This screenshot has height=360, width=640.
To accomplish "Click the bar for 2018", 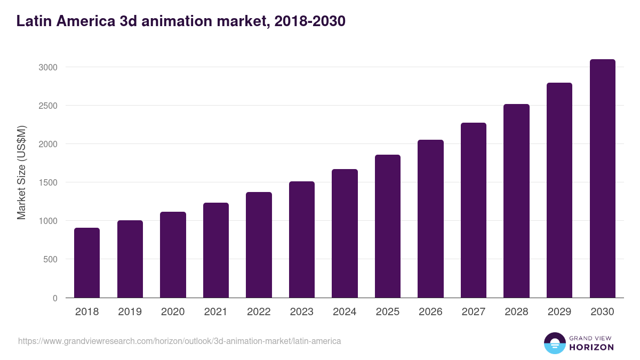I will (87, 263).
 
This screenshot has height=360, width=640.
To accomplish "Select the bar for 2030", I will (602, 179).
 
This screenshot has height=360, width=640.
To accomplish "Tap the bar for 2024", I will (345, 234).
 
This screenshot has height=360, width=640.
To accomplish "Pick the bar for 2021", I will (216, 250).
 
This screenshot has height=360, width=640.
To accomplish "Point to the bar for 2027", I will (474, 210).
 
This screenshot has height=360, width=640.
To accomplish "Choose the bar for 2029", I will (559, 190).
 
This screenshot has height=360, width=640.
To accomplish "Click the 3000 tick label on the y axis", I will (47, 67).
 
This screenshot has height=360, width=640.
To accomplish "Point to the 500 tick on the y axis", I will (51, 260).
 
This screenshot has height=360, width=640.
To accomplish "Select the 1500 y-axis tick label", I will (47, 182).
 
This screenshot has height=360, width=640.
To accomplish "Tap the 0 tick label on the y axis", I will (55, 298).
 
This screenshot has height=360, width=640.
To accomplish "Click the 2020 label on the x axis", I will (173, 312).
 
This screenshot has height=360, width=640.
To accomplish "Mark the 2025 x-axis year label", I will (388, 312).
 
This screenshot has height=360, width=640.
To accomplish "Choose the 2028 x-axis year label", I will (516, 312).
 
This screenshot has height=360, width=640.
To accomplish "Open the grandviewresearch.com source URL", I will (179, 341).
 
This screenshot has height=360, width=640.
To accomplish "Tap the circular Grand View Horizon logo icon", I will (555, 343).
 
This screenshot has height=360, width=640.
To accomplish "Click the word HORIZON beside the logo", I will (592, 347).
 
